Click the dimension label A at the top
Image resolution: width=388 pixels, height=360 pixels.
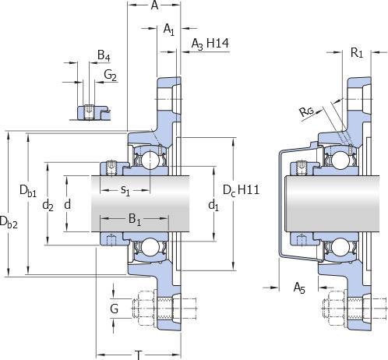click(154, 5)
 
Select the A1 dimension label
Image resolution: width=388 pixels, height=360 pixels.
click(169, 30)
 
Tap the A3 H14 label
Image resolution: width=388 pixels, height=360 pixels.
click(210, 44)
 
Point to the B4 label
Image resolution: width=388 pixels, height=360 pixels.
click(104, 56)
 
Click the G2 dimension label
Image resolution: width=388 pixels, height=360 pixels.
click(110, 75)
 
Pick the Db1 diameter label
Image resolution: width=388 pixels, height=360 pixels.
click(28, 191)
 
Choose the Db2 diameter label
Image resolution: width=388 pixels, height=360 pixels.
click(9, 223)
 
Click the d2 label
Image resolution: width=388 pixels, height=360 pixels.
click(48, 206)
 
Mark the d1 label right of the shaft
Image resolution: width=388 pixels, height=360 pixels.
click(213, 206)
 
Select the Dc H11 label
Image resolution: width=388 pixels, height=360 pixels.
click(241, 190)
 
